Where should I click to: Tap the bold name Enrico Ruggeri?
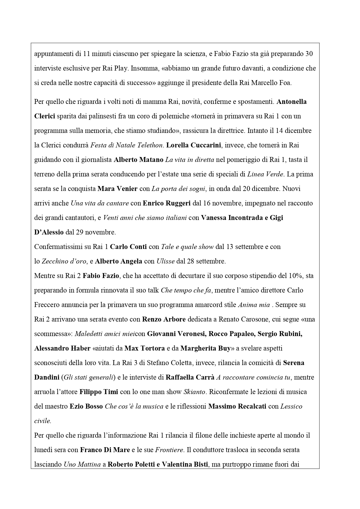[x=167, y=203]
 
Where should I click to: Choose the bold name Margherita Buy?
[x=205, y=348]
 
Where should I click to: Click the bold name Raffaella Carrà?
[x=190, y=377]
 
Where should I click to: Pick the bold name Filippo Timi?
[x=99, y=392]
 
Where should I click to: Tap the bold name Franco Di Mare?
[x=105, y=450]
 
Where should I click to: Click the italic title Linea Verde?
[x=265, y=174]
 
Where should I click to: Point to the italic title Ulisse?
[x=165, y=261]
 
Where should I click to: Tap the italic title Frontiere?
[x=169, y=450]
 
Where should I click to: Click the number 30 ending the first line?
[x=309, y=54]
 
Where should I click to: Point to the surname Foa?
[x=286, y=83]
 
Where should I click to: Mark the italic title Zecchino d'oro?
[x=64, y=261]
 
